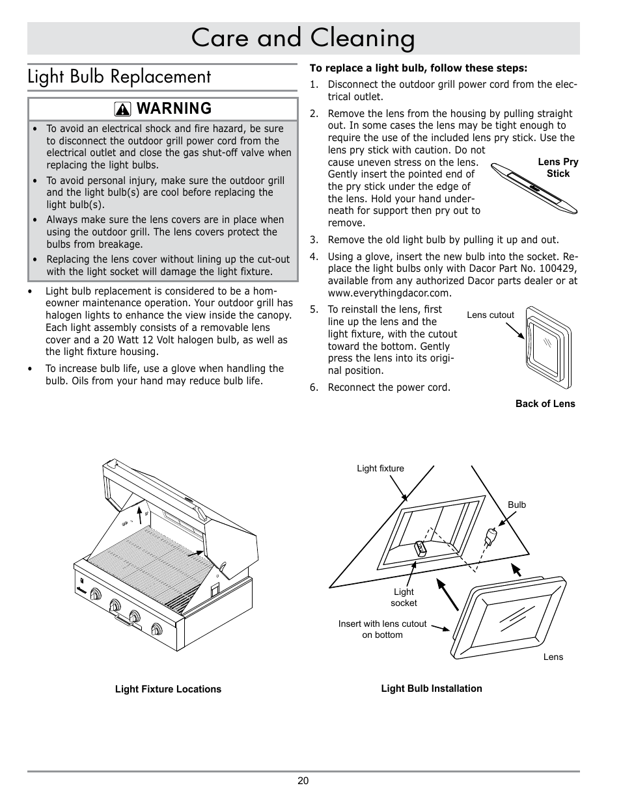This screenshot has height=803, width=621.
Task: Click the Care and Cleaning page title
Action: coord(303,38)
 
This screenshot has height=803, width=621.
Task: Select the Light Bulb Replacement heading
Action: coord(119,77)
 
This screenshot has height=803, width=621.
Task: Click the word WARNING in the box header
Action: coord(174,109)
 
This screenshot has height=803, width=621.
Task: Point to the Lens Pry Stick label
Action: coord(558,168)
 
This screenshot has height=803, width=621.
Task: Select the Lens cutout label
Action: coord(490,315)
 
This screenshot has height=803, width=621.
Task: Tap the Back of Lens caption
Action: coord(545,404)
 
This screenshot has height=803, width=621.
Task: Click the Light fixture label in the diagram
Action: coord(380,468)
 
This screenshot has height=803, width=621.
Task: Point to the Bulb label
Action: coord(517,505)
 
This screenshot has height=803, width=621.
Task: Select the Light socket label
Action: coord(404,598)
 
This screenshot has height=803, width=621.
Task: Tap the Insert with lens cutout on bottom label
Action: coord(382,629)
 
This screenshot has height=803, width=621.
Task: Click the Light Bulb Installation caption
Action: coord(432,689)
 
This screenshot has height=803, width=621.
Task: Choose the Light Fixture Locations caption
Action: coord(168,689)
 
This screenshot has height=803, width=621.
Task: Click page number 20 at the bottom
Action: coord(303,781)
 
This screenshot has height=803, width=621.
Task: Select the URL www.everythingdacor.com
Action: coord(380,293)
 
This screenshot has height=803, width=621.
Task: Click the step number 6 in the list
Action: coord(314,388)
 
